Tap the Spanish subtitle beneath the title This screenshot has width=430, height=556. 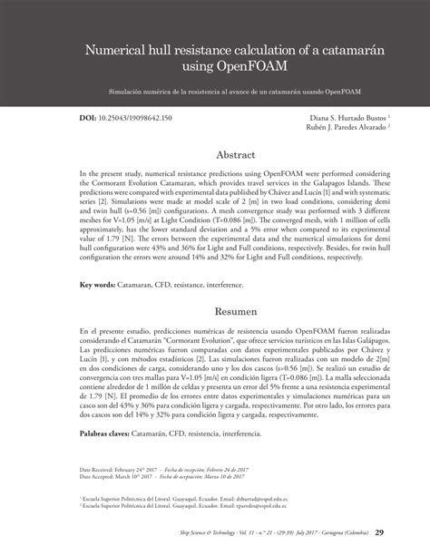click(214, 91)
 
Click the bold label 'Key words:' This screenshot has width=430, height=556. click(97, 286)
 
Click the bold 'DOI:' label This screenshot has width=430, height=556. click(90, 120)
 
